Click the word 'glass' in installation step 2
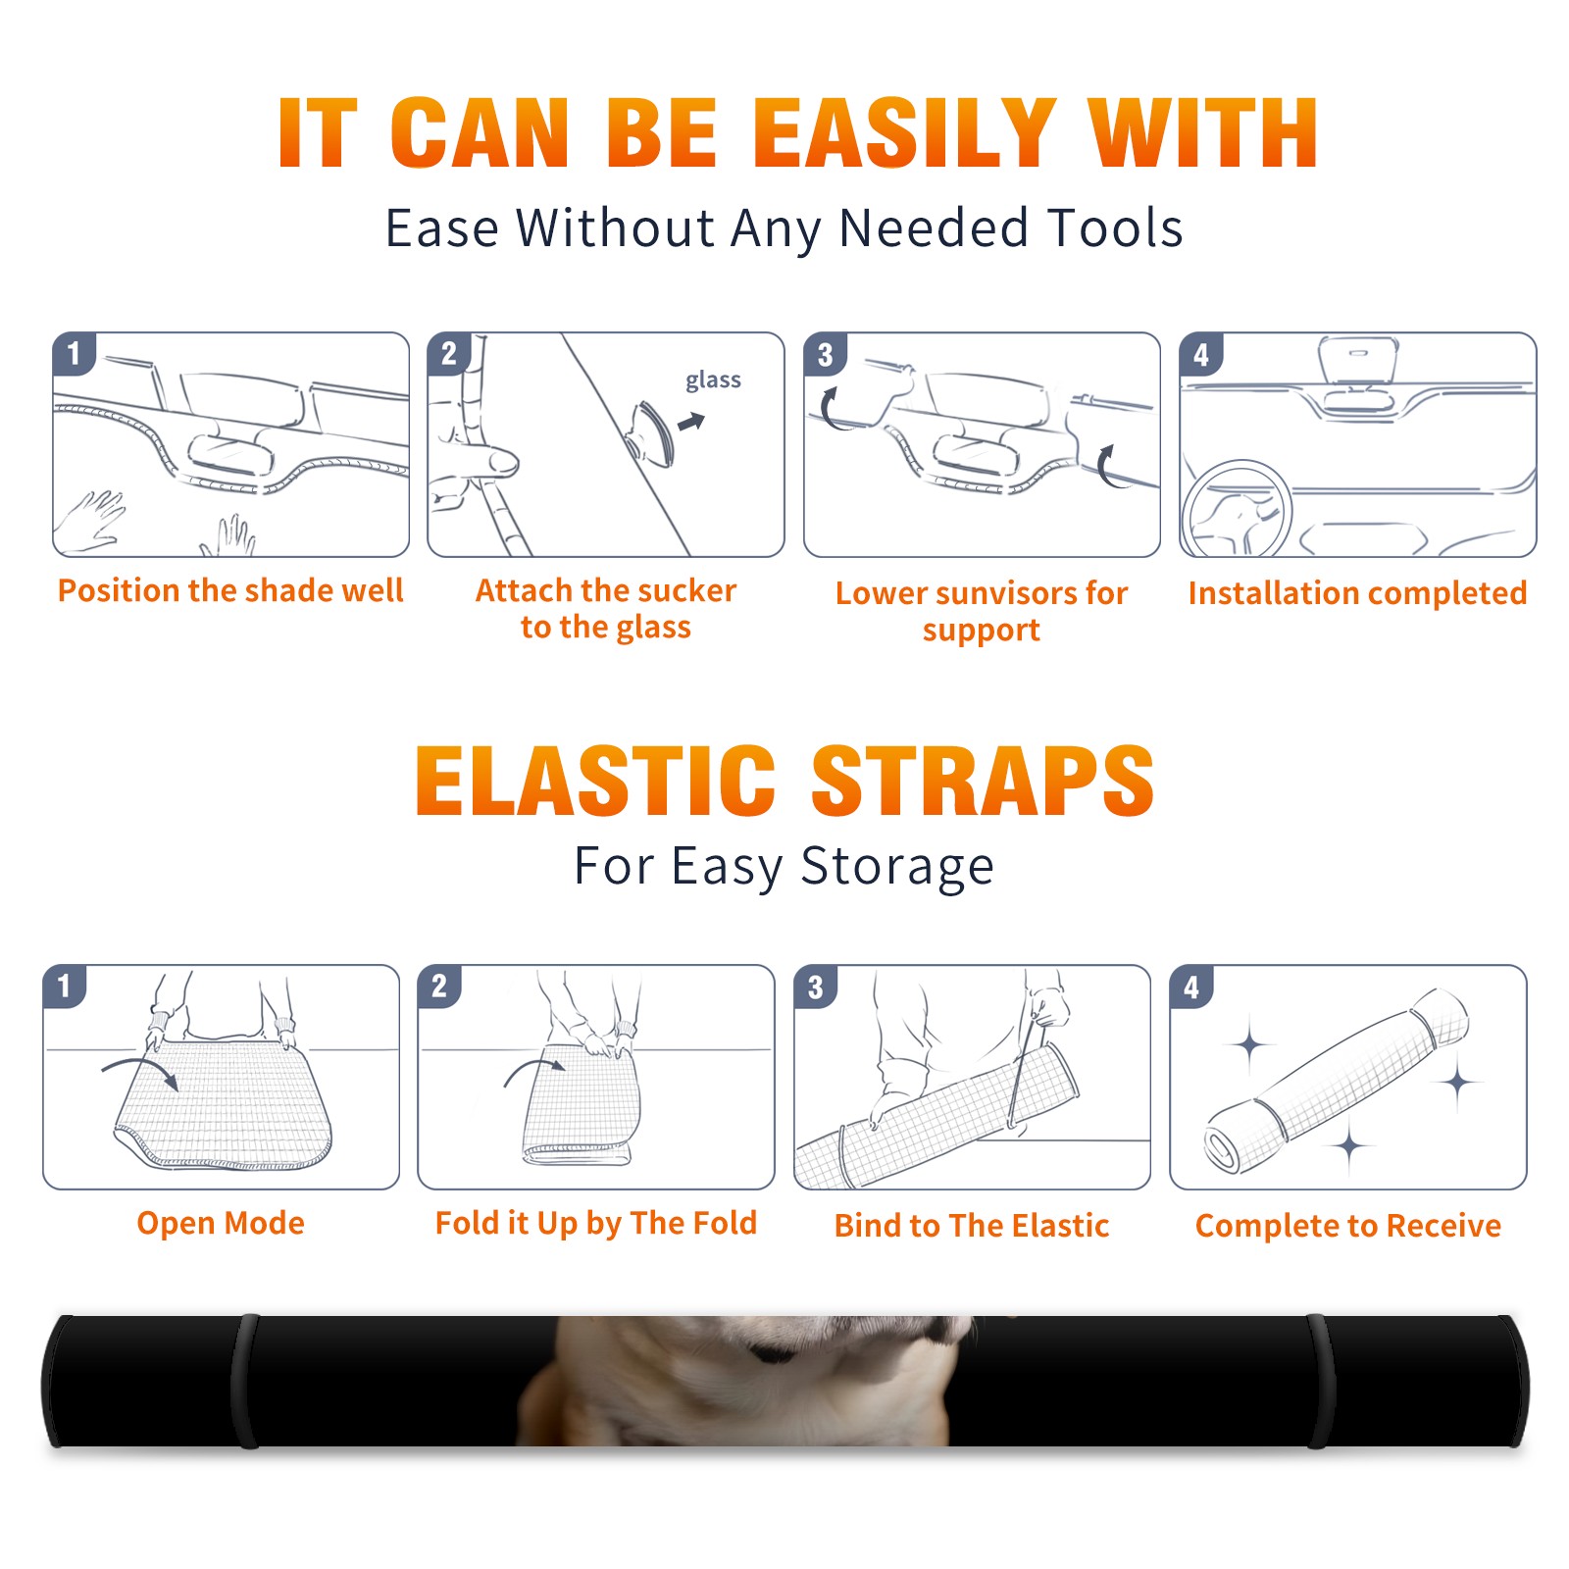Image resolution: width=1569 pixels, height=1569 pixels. [x=713, y=380]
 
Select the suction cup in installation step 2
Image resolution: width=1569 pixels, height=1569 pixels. [x=653, y=432]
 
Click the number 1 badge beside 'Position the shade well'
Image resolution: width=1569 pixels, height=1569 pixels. [x=75, y=353]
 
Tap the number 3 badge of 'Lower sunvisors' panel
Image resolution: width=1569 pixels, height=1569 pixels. [x=825, y=354]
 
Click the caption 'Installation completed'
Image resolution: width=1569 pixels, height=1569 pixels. [x=1357, y=593]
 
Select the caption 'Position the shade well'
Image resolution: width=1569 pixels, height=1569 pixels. [x=230, y=590]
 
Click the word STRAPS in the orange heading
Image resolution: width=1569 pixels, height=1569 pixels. [x=983, y=781]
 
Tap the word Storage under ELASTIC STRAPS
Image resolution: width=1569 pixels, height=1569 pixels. [x=897, y=867]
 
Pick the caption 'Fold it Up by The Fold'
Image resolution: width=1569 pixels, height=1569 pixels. [x=596, y=1224]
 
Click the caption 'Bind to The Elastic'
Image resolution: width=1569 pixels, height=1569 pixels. [x=972, y=1226]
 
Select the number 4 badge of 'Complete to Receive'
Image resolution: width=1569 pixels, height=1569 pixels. [x=1191, y=987]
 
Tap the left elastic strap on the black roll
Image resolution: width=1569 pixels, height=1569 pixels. [x=245, y=1382]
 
